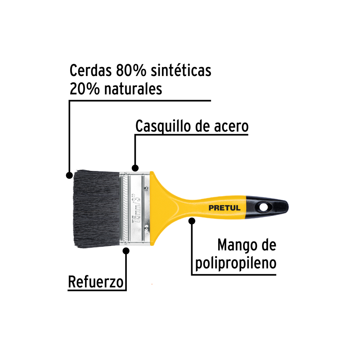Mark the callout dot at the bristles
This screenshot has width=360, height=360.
69,175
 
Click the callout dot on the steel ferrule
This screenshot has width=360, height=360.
135,168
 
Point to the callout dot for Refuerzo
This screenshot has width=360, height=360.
126,251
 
